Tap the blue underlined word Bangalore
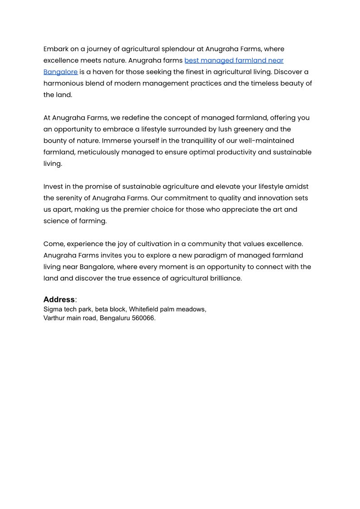point(60,72)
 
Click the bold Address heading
point(59,300)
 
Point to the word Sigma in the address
point(53,310)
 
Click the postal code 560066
point(142,318)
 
